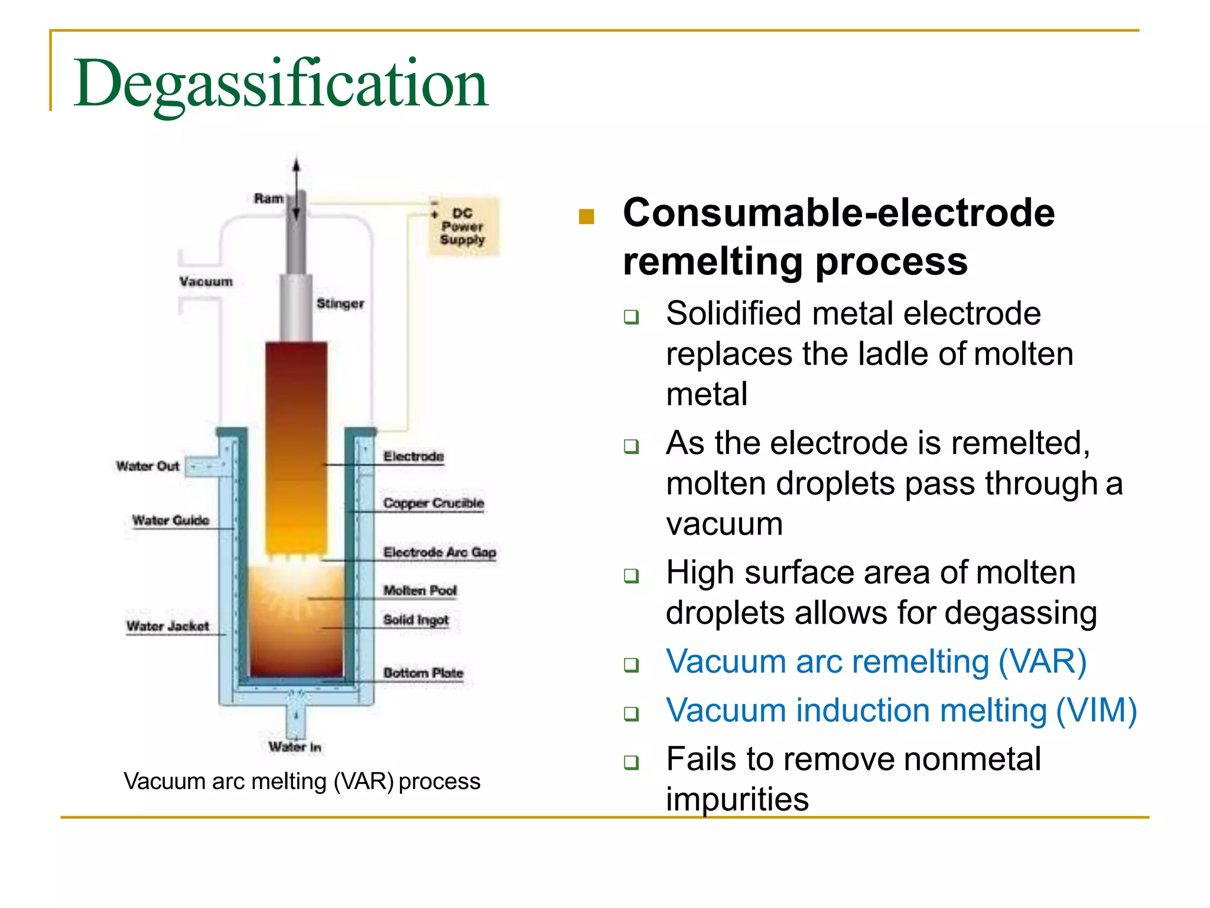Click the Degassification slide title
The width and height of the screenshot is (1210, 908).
click(x=281, y=84)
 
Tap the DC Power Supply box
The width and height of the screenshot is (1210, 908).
click(x=463, y=226)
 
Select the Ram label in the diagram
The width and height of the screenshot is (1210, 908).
click(x=269, y=199)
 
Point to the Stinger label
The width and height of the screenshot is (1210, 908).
click(x=340, y=303)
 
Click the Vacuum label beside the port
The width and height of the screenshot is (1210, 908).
click(x=206, y=281)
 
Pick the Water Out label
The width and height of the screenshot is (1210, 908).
click(x=148, y=466)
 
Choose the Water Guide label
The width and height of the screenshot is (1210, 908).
click(x=171, y=520)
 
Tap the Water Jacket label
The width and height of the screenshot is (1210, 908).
click(x=168, y=626)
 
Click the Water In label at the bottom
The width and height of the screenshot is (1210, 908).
click(x=295, y=747)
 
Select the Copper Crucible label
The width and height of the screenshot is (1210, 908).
click(x=434, y=503)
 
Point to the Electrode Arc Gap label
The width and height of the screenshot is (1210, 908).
click(x=440, y=552)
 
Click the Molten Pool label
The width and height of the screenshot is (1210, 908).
click(x=420, y=591)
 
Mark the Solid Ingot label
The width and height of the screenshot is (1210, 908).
click(x=416, y=620)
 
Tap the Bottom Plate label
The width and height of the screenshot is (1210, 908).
click(x=423, y=673)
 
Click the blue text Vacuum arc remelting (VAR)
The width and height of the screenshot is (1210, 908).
click(x=876, y=661)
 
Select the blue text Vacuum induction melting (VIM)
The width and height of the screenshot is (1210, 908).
click(x=901, y=711)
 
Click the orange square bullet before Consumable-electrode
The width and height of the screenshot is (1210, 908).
click(x=586, y=217)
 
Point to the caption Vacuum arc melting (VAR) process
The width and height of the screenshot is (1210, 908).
click(x=302, y=781)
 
